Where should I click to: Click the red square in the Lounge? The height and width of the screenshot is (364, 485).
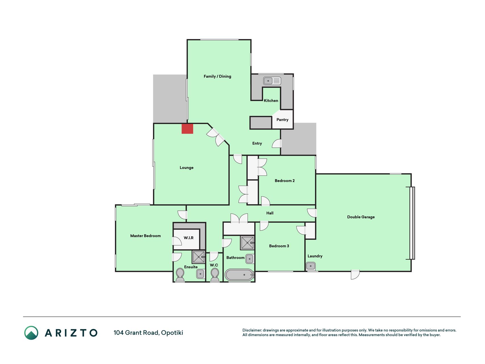(188, 129)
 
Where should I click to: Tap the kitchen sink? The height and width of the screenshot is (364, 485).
(272, 81)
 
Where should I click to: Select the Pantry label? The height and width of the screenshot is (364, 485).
(282, 120)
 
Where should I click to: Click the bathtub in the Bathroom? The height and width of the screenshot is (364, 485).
(239, 275)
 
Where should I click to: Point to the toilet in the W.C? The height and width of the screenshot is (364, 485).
(215, 275)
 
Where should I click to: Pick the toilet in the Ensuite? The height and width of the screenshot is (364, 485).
(180, 275)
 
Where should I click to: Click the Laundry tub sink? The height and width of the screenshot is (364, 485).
(311, 266)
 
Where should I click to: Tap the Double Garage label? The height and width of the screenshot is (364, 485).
(361, 217)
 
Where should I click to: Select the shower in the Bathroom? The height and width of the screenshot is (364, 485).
(247, 243)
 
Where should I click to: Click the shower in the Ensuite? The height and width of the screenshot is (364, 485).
(199, 257)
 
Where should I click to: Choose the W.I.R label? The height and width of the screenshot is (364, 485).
(188, 238)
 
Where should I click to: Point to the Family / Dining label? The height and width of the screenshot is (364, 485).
(217, 76)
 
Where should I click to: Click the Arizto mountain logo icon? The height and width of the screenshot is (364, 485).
(31, 333)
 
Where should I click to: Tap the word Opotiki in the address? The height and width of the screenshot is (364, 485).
(172, 333)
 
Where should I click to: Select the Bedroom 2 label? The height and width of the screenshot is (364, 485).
(285, 181)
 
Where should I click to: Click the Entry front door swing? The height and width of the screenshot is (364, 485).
(277, 144)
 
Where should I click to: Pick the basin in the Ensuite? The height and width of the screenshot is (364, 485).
(200, 274)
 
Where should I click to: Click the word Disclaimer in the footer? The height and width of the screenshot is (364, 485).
(252, 330)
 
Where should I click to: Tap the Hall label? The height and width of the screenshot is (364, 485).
(270, 213)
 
